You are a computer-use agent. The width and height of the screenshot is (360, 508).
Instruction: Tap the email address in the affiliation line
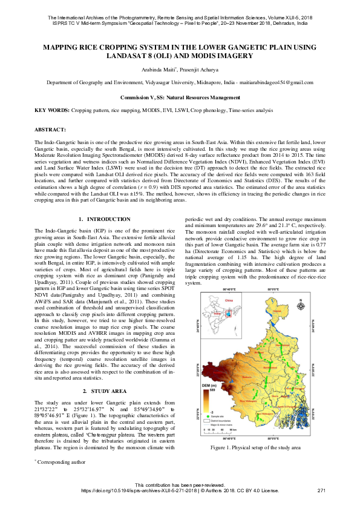click(x=284, y=82)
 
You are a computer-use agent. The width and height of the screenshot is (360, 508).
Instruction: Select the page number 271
click(x=321, y=490)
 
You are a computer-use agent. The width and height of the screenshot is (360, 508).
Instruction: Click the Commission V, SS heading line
click(x=180, y=97)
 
